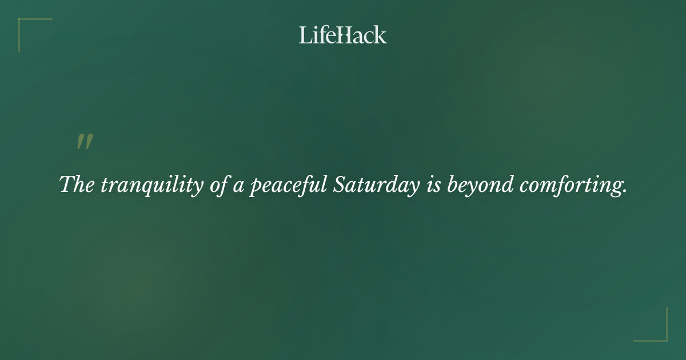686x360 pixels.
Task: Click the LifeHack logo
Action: point(343,35)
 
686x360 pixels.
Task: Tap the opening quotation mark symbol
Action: point(85,142)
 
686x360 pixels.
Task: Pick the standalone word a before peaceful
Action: point(238,187)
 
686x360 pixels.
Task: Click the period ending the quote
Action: point(625,192)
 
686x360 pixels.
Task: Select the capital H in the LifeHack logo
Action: point(345,35)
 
